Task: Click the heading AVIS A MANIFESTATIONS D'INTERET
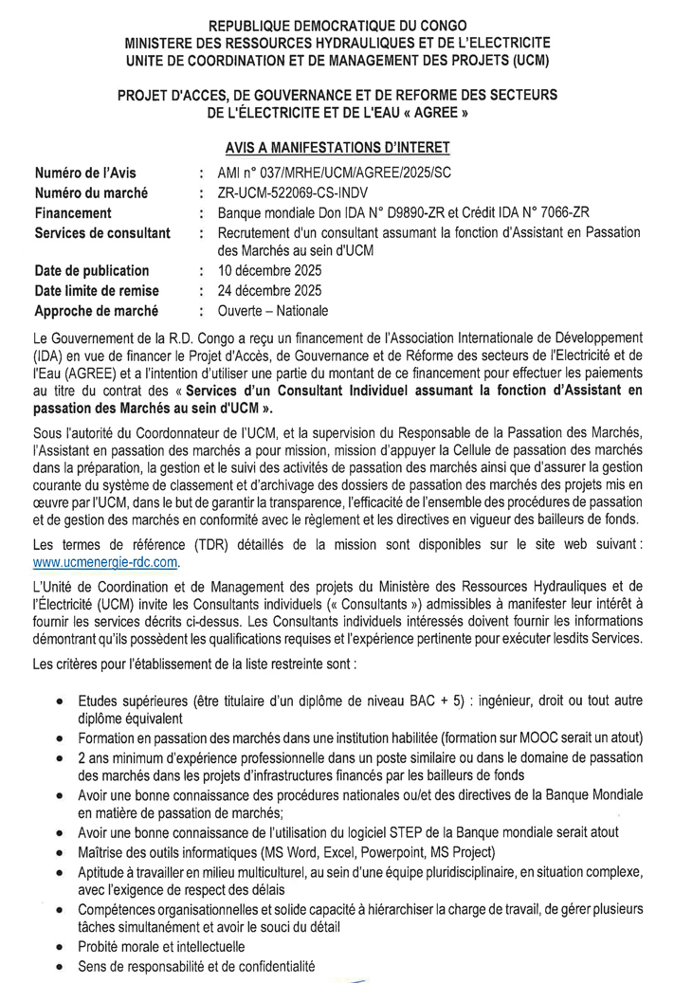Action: click(337, 148)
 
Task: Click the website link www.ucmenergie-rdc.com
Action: click(106, 562)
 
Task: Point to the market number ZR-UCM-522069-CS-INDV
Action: click(295, 193)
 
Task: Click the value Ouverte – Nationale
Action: click(273, 310)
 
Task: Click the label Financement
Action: click(73, 213)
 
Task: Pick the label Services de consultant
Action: click(102, 232)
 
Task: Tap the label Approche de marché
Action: click(96, 310)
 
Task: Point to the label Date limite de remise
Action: click(97, 290)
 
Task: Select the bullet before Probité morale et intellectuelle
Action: click(60, 946)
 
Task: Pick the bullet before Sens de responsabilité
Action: click(60, 966)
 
